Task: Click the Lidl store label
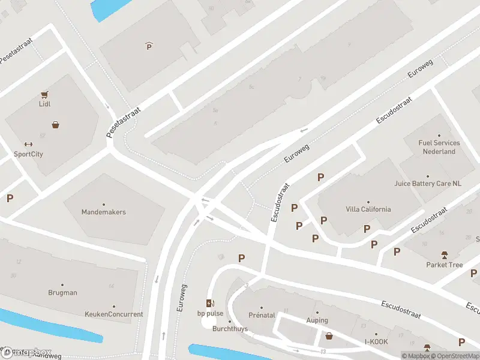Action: pos(44,104)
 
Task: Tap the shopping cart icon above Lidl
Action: pos(44,94)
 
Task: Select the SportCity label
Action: pos(28,154)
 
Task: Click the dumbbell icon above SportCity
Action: pos(28,144)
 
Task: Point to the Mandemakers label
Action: pos(103,212)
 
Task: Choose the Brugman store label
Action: pos(62,293)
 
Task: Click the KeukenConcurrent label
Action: pos(114,314)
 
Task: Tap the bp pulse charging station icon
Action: pos(210,304)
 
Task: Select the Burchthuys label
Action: pos(230,329)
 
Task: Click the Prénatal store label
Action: pos(261,315)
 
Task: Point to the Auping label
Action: pos(317,320)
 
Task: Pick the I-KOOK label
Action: pos(377,342)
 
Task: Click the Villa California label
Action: pos(368,209)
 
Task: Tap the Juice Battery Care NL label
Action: pos(428,184)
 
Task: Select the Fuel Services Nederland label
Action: pos(439,147)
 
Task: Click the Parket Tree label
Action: pos(445,265)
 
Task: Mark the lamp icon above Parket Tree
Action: pos(445,255)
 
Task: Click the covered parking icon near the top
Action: pos(149,46)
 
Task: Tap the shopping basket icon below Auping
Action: pos(329,335)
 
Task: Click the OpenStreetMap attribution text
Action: pos(454,356)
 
